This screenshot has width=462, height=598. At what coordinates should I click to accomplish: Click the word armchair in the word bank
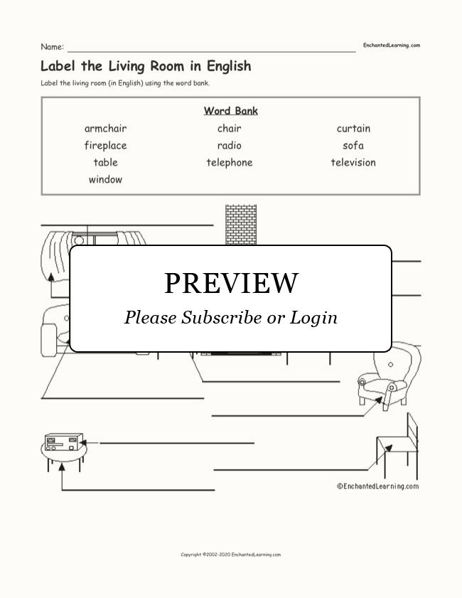pyautogui.click(x=106, y=129)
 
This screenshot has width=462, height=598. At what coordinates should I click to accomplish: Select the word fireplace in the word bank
pyautogui.click(x=106, y=146)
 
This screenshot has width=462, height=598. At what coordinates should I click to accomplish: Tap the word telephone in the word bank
pyautogui.click(x=230, y=163)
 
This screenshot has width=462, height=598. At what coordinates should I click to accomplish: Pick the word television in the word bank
pyautogui.click(x=353, y=162)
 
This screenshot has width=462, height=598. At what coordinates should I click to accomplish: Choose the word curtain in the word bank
pyautogui.click(x=353, y=129)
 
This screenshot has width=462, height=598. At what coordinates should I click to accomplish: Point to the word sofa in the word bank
pyautogui.click(x=353, y=145)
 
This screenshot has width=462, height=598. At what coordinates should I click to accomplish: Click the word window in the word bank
pyautogui.click(x=106, y=179)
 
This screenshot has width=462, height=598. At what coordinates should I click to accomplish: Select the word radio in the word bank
pyautogui.click(x=230, y=145)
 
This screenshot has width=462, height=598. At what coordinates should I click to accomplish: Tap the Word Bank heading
pyautogui.click(x=230, y=111)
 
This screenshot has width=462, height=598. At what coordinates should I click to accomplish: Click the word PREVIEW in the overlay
pyautogui.click(x=231, y=283)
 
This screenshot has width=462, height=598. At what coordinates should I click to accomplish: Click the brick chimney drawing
pyautogui.click(x=241, y=225)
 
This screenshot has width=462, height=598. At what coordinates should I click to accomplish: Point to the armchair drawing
pyautogui.click(x=390, y=374)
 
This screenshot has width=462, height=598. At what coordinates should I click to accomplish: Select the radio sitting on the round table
pyautogui.click(x=64, y=442)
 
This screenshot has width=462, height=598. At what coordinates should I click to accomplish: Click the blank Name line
pyautogui.click(x=212, y=50)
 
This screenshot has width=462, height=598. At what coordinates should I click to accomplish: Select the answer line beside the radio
pyautogui.click(x=177, y=443)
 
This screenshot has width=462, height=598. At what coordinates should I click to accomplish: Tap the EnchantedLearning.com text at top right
pyautogui.click(x=392, y=46)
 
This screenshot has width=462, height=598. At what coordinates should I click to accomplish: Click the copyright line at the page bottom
pyautogui.click(x=230, y=555)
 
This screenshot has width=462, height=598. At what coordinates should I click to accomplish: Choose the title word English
pyautogui.click(x=229, y=66)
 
